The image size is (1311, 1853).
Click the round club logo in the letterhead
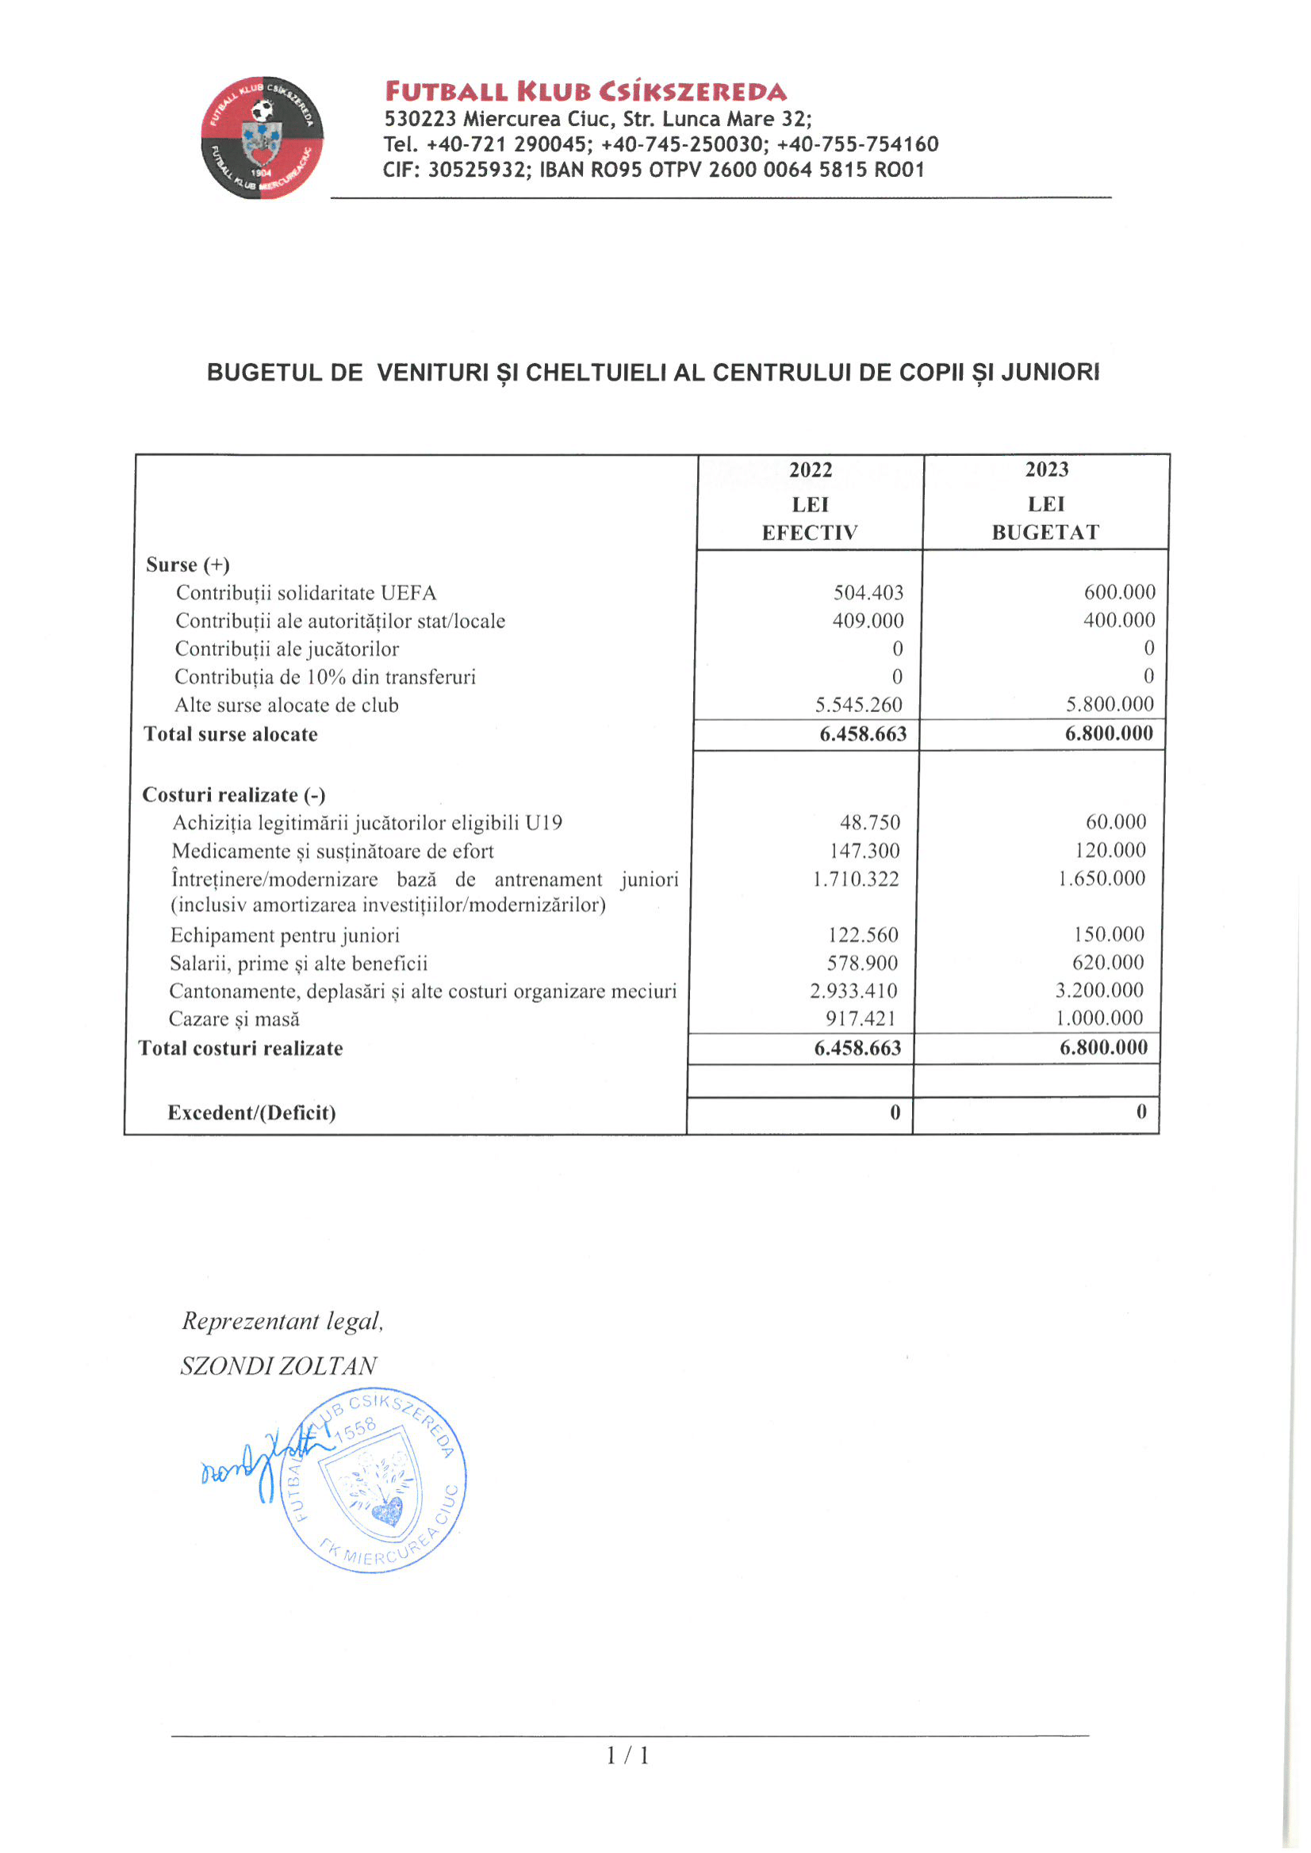tap(263, 138)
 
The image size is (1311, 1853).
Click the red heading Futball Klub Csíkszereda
tap(585, 91)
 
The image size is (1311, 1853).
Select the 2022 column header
tap(810, 469)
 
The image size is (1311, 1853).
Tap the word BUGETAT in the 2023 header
tap(1045, 533)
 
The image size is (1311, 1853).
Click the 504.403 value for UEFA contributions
tap(868, 592)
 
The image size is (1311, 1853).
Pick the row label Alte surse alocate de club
tap(286, 705)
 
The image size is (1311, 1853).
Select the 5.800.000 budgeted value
tap(1110, 704)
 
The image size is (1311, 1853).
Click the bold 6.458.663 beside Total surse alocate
tap(863, 733)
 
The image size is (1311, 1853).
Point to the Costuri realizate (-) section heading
tap(234, 795)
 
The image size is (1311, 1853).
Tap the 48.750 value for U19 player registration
tap(869, 822)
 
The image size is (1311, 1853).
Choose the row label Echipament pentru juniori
tap(285, 935)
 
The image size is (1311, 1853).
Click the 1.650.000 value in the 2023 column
tap(1101, 878)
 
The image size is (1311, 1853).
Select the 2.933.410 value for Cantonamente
tap(853, 990)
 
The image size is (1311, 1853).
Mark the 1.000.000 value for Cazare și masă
tap(1098, 1018)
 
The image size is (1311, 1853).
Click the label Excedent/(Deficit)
tap(251, 1113)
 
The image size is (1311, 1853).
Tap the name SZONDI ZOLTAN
tap(278, 1366)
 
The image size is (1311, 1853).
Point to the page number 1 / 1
tap(627, 1755)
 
